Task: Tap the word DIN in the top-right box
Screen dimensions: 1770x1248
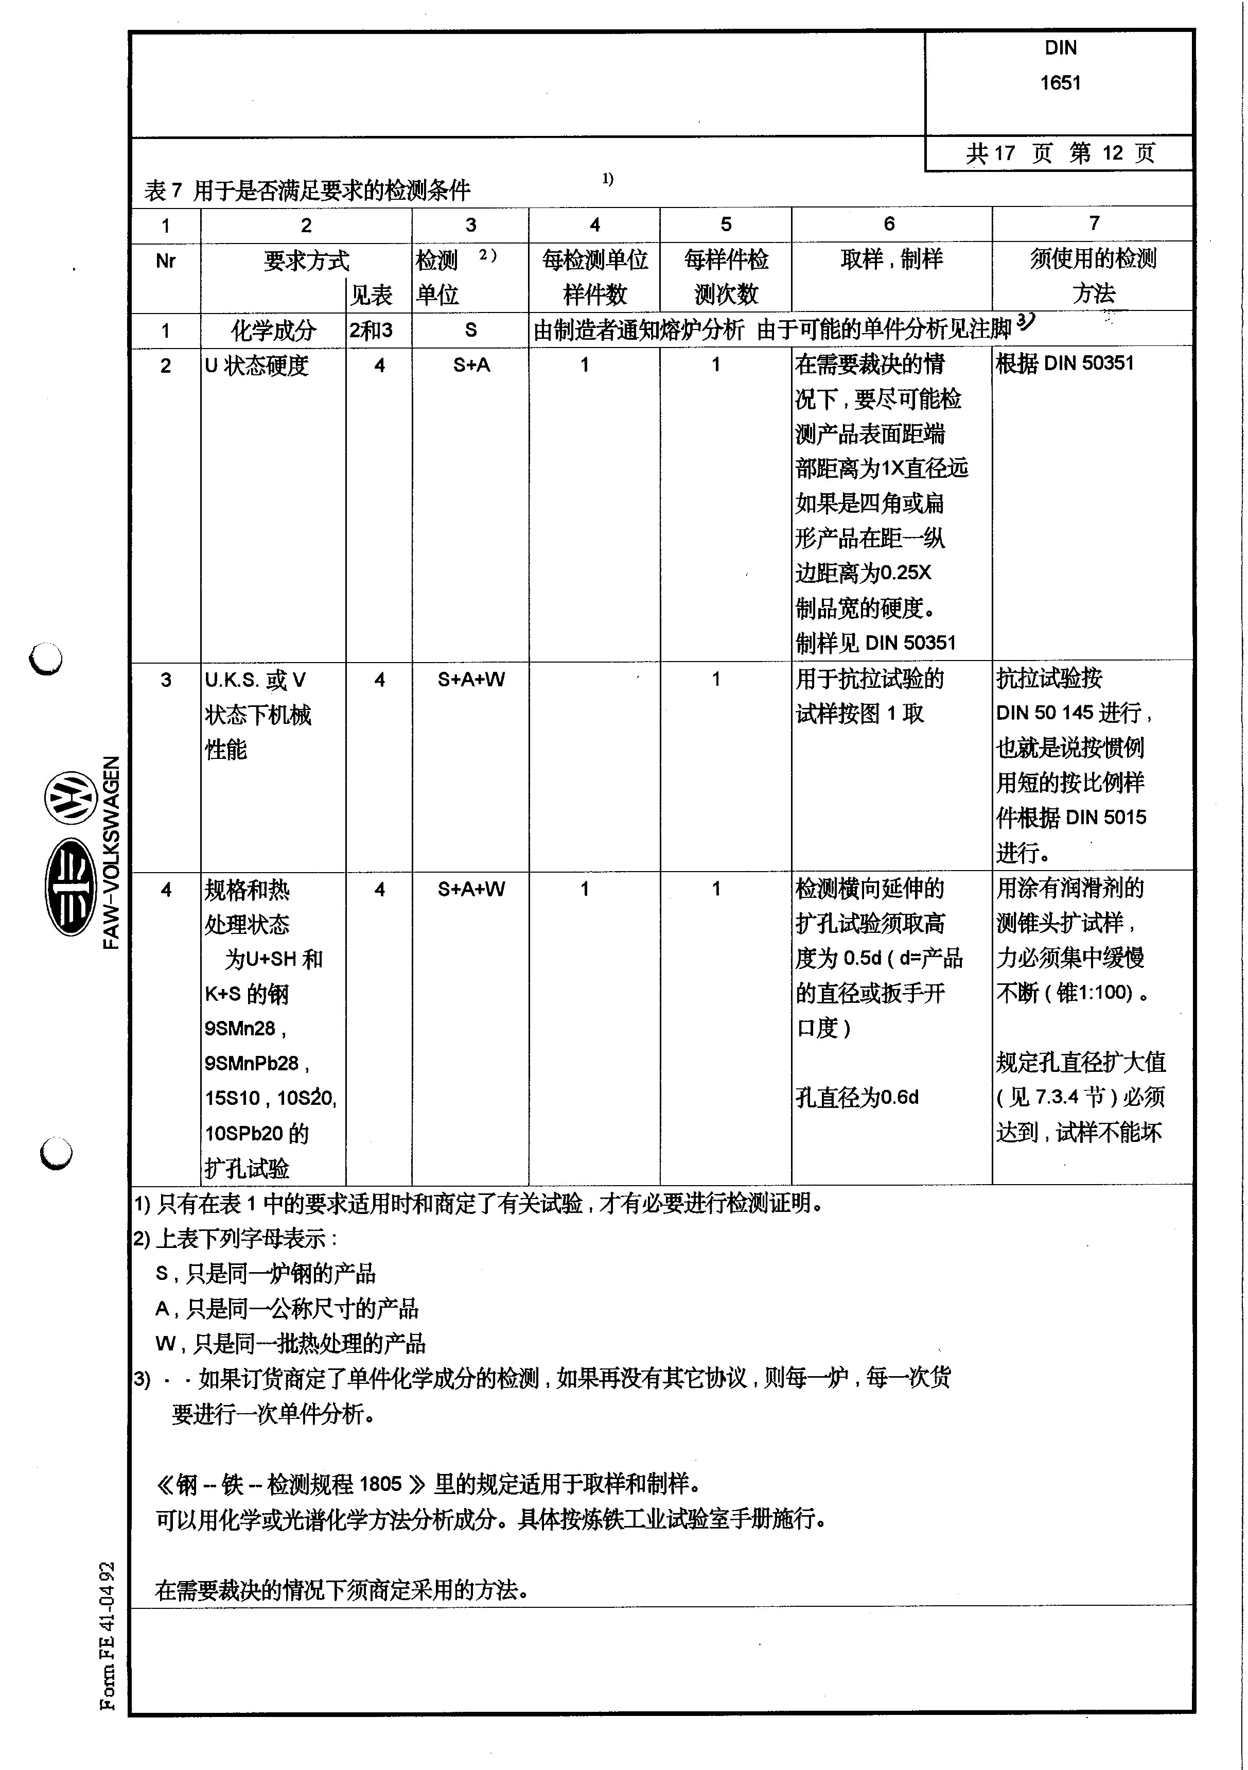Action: (x=1060, y=48)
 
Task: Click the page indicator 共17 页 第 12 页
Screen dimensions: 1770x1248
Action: (x=1060, y=152)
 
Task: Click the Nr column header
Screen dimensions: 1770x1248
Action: (x=165, y=261)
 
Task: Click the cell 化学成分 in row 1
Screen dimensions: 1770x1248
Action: (x=274, y=331)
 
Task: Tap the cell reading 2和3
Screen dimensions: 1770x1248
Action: (x=371, y=331)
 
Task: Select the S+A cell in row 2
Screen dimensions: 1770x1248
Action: (x=471, y=365)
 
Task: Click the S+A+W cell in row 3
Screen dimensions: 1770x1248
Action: (x=471, y=679)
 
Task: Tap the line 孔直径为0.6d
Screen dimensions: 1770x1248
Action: (x=857, y=1097)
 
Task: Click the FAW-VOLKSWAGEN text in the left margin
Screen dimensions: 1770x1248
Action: (x=111, y=852)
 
